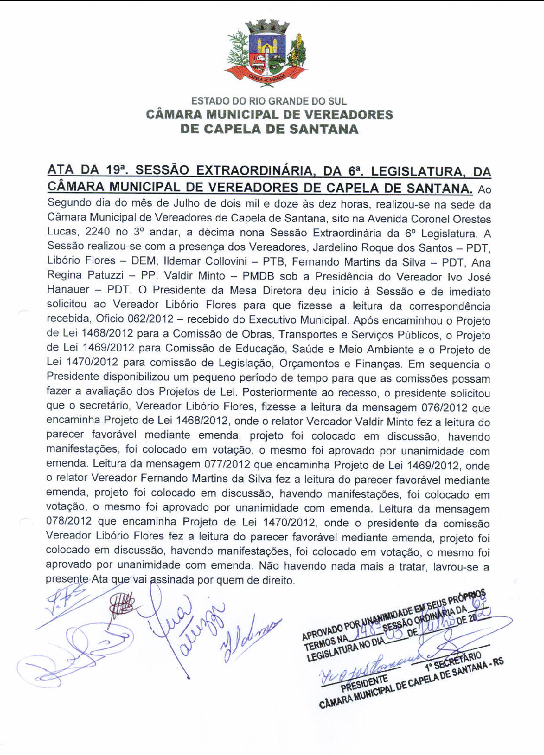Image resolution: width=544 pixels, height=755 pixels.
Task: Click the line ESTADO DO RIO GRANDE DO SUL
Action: [x=269, y=101]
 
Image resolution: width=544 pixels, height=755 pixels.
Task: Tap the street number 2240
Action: [x=98, y=232]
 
